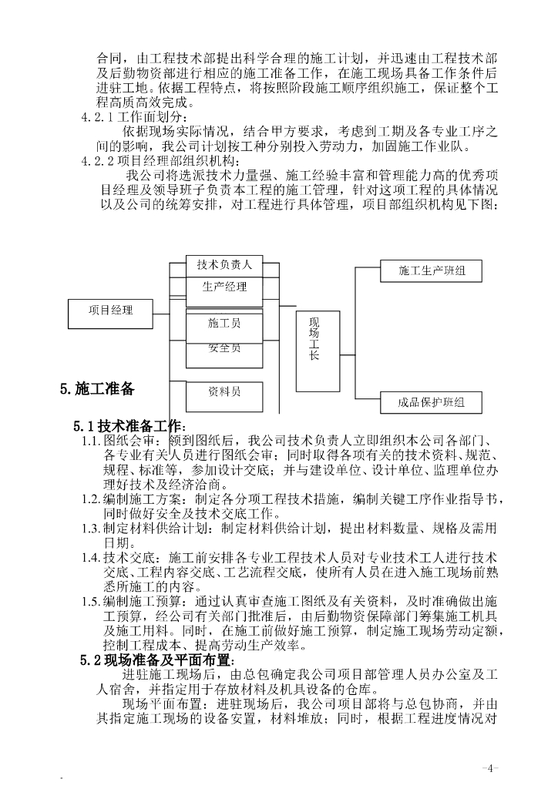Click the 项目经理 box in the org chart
pos(111,310)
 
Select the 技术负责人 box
pos(224,264)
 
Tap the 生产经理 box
pos(224,287)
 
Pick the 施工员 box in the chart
pos(224,324)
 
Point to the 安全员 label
pos(224,348)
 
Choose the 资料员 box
pos(224,392)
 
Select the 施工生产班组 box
pos(430,270)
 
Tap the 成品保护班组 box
pos(430,402)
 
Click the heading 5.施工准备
pos(98,389)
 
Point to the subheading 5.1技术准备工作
pos(129,426)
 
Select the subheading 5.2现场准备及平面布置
pos(156,660)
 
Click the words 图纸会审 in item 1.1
pos(130,441)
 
